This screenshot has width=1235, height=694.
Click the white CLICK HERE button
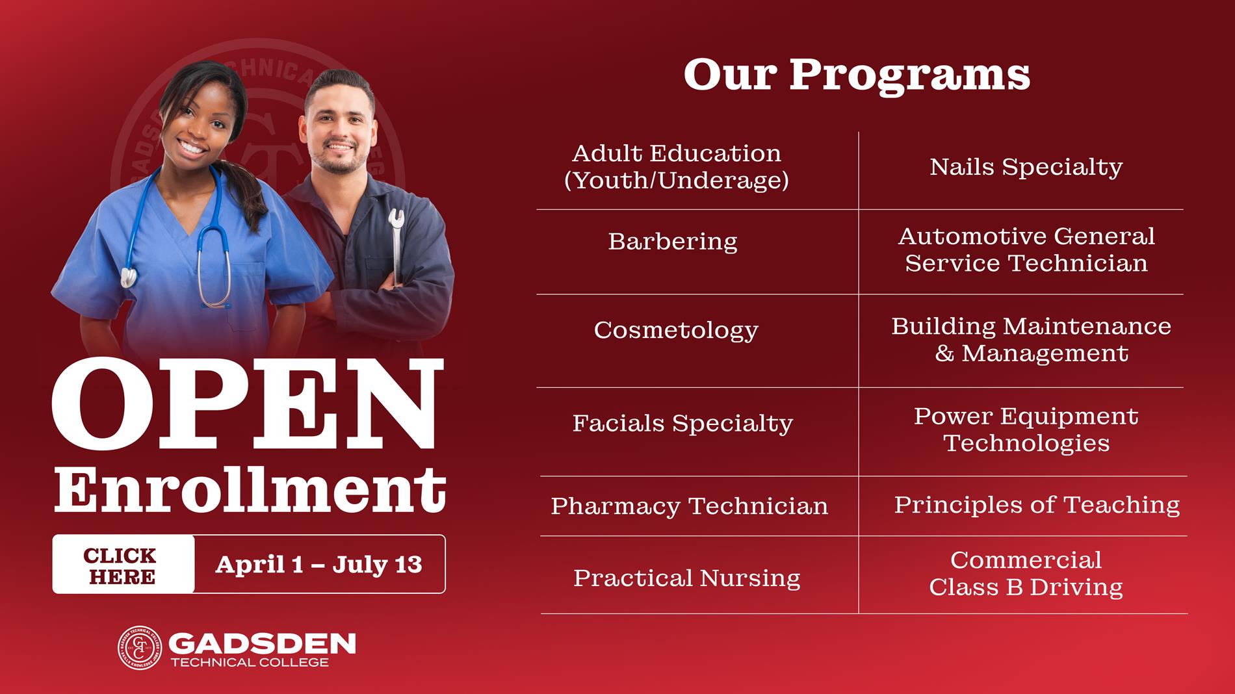point(123,565)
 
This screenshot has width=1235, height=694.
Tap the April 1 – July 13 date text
point(318,565)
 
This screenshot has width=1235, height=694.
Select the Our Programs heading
point(857,75)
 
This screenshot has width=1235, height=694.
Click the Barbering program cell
point(673,242)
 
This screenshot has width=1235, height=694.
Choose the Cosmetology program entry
point(676,330)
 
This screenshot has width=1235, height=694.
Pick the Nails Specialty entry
point(1026,167)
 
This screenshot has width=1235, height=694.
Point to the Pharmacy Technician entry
point(689,506)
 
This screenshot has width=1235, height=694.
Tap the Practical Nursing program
point(686,578)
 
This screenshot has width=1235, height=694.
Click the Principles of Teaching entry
point(1037,505)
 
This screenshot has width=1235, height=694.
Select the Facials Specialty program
point(682,424)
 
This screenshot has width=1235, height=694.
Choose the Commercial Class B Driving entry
point(1026,574)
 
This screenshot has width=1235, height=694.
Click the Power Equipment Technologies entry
point(1026,430)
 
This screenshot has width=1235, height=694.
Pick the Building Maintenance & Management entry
point(1031,340)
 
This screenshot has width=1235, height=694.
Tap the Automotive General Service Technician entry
point(1026,250)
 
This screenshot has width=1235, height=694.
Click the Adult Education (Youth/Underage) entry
point(676,167)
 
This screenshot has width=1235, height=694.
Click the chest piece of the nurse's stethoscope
point(129,277)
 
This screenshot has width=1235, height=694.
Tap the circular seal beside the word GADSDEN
point(139,648)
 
